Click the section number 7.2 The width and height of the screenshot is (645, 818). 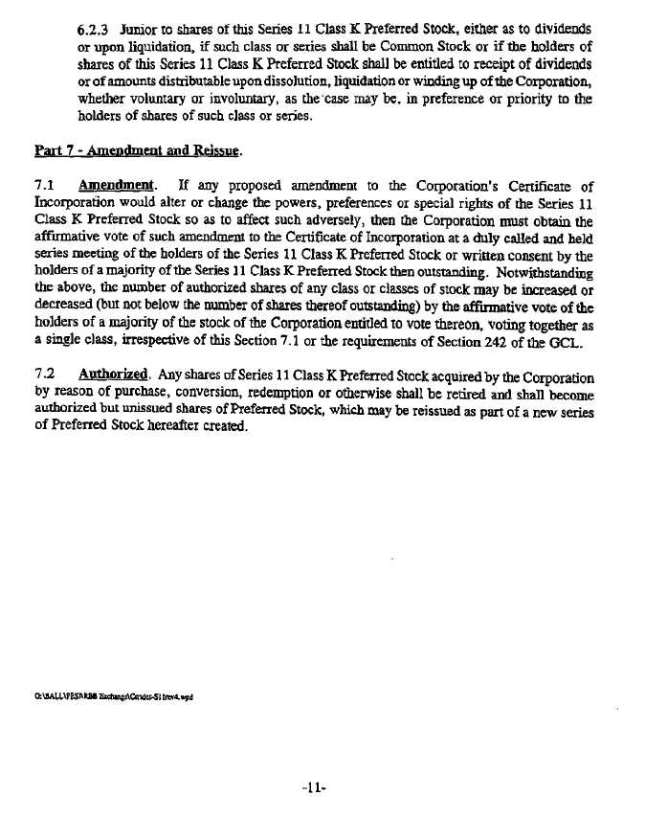coord(44,376)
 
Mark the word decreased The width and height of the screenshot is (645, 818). coord(66,290)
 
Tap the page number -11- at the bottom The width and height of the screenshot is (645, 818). coord(314,788)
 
